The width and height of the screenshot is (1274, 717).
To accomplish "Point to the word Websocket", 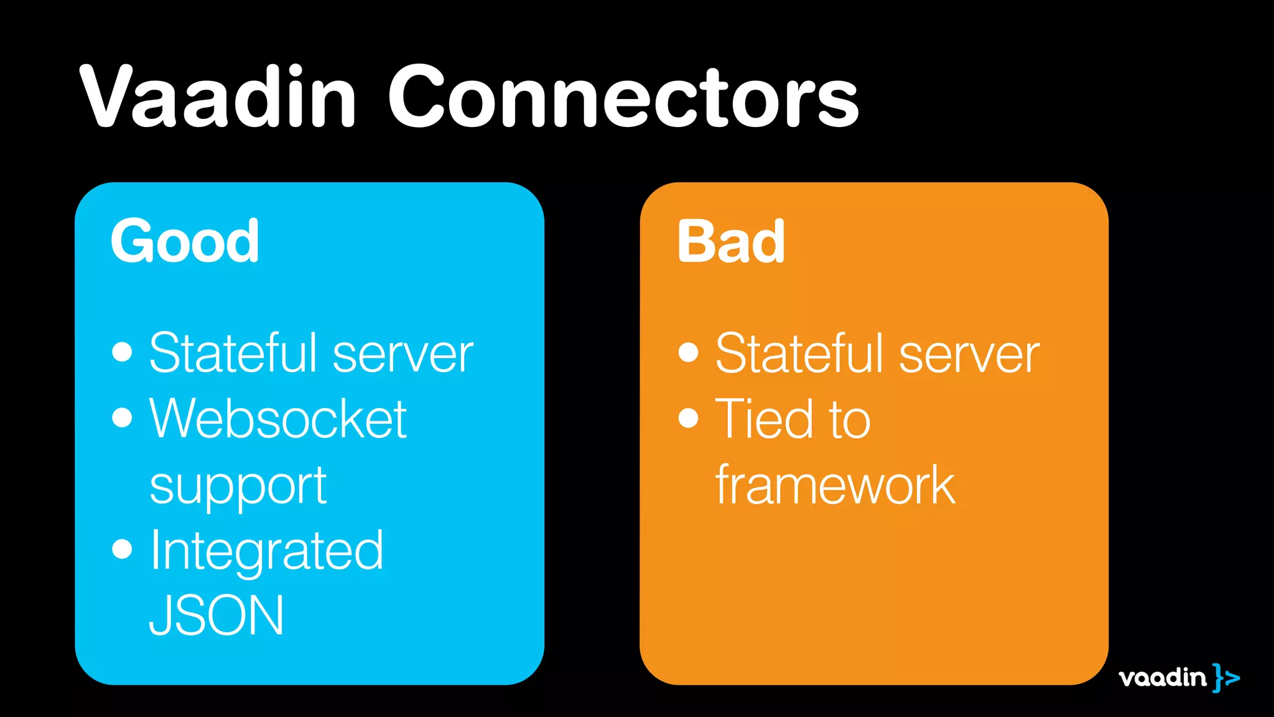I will (x=278, y=419).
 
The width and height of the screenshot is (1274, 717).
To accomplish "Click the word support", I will (x=238, y=487).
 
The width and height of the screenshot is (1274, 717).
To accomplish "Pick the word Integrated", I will (x=267, y=551).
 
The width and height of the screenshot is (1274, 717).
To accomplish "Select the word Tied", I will (x=763, y=419).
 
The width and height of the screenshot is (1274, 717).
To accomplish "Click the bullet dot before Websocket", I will (x=123, y=418).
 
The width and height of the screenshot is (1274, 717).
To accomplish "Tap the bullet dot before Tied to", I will (x=689, y=418).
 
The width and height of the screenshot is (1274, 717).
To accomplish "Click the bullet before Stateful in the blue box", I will (x=123, y=352).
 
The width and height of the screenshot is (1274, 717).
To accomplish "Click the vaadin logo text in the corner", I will (x=1162, y=677).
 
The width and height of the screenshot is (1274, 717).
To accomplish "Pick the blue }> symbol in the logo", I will (x=1225, y=677).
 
